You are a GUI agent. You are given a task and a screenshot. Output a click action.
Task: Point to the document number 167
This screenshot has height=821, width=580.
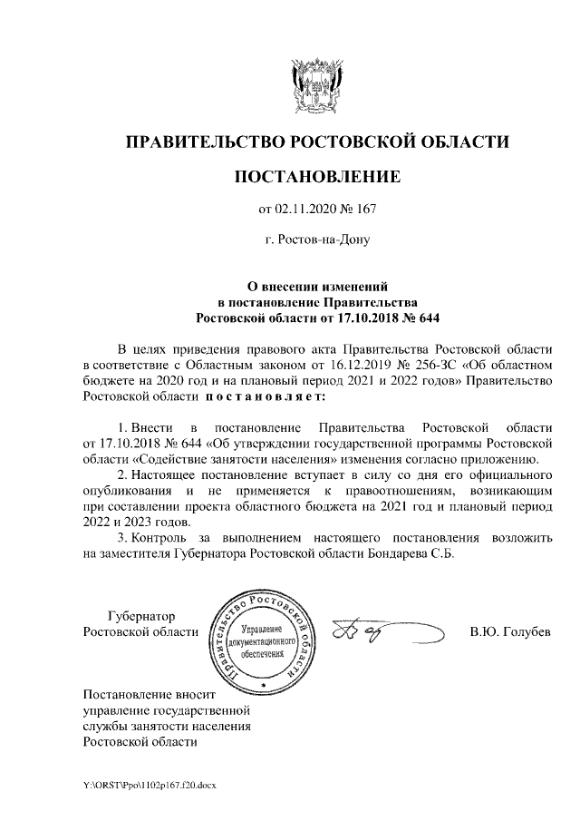point(366,210)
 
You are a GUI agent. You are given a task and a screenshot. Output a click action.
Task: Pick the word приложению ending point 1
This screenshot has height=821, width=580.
point(507,459)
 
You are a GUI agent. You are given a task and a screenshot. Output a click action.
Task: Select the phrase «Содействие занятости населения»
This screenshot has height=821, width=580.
point(216,459)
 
